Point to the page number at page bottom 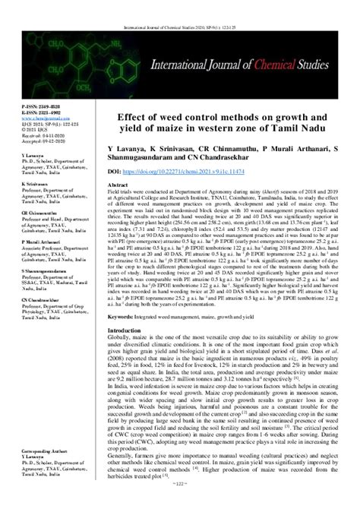180,503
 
